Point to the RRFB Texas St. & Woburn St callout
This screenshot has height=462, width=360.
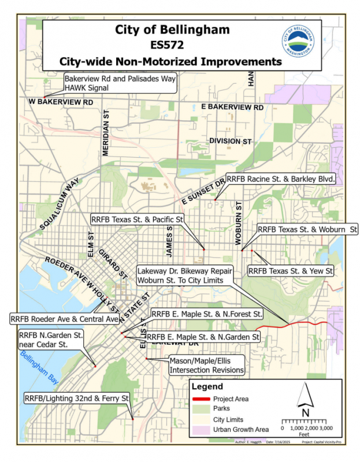tap(307, 229)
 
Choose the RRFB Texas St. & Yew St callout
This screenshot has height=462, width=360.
tap(291, 270)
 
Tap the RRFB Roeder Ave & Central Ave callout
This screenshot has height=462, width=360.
tap(65, 318)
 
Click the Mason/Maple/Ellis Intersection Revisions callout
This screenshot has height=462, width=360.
tap(206, 365)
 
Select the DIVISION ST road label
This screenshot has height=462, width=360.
tap(231, 141)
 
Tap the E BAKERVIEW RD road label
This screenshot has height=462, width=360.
tap(232, 108)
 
